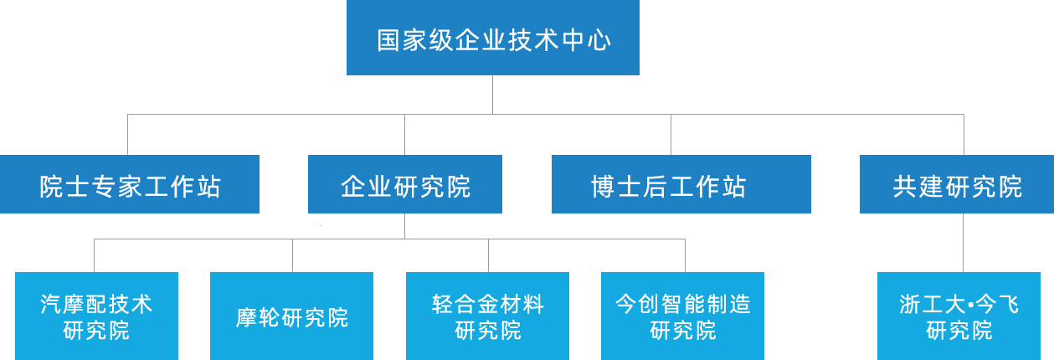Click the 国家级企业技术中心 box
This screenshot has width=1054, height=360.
pos(492,38)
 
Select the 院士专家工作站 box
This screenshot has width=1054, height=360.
pos(130,184)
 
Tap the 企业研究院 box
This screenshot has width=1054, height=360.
pos(405,184)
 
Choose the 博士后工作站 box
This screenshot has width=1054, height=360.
pos(681,184)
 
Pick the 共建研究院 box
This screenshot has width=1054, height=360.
pos(957,184)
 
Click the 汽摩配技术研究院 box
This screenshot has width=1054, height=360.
pos(96,316)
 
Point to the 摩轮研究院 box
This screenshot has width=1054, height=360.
pos(291,316)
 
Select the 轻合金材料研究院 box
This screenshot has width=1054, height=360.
pos(487,316)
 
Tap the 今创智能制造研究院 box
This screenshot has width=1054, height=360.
pos(682,316)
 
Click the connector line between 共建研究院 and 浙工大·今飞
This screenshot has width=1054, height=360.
pos(964,243)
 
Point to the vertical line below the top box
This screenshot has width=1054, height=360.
pos(492,94)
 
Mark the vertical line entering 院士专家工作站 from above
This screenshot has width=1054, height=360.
pos(127,134)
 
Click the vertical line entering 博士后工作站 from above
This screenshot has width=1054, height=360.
pos(671,134)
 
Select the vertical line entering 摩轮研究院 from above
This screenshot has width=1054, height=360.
pos(292,255)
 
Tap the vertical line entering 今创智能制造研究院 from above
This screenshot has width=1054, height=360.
pos(685,255)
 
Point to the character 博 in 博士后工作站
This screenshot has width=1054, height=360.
pos(603,186)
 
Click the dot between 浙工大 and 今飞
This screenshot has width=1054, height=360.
pos(970,306)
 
